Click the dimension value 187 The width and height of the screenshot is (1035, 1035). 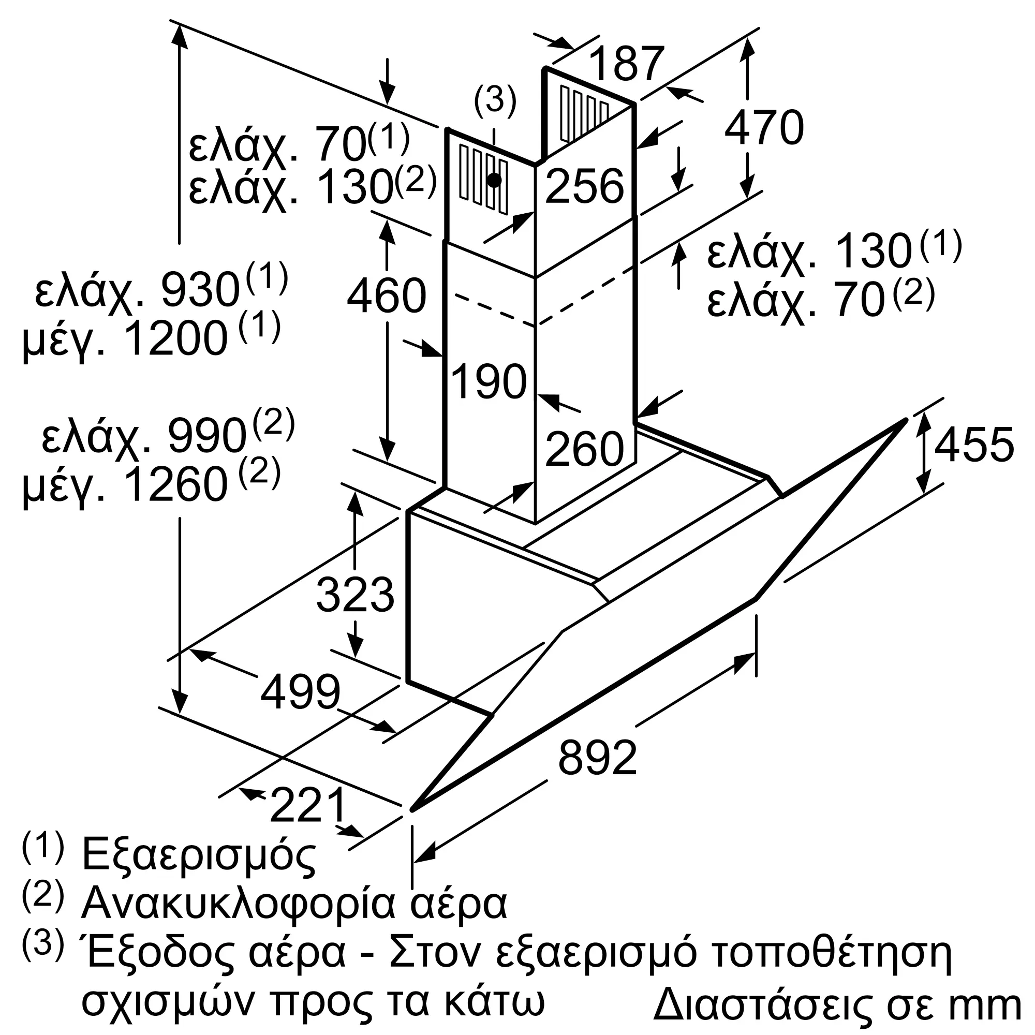626,64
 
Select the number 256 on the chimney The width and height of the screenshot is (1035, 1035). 584,186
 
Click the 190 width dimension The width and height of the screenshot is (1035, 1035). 489,381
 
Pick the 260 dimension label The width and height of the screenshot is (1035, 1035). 584,448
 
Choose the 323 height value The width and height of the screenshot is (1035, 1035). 355,595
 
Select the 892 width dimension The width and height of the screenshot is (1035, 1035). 597,758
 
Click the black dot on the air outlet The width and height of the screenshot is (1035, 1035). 494,180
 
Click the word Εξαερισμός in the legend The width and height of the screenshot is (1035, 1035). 198,855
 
